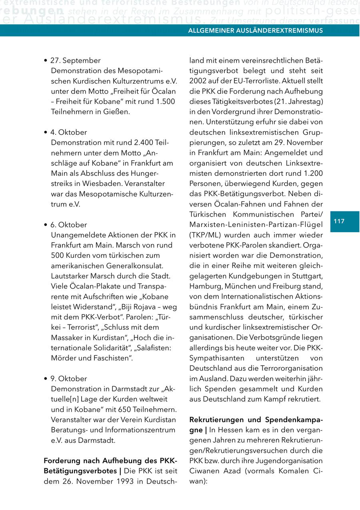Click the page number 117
click(x=339, y=221)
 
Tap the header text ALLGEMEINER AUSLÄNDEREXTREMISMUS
click(x=255, y=30)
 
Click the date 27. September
click(x=75, y=60)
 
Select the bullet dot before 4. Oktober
click(x=46, y=132)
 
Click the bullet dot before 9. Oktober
click(x=46, y=379)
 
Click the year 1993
click(x=128, y=481)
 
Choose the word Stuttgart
click(x=306, y=276)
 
